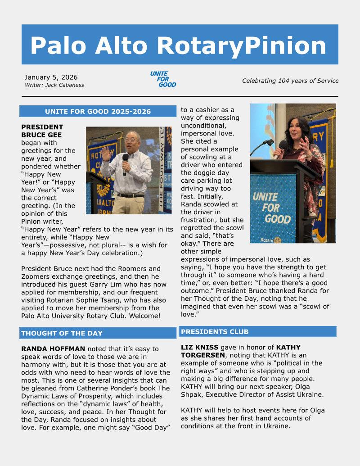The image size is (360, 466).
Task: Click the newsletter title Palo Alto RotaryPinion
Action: coord(178,45)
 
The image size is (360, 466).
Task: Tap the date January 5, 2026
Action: coord(51,77)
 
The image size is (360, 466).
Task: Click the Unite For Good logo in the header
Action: coord(163,79)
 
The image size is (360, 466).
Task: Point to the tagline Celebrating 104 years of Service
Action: coord(290,81)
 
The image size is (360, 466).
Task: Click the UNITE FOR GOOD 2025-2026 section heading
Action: coord(98,112)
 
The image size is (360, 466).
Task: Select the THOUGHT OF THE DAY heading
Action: coord(62,333)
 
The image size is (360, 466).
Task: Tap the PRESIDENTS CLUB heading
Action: coord(215,332)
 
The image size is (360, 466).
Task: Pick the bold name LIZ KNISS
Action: coord(200,347)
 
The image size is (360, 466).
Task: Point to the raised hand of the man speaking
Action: coord(107,154)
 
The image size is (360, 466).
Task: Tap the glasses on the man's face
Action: coord(130,141)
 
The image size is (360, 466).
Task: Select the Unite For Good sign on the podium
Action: coord(271,207)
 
